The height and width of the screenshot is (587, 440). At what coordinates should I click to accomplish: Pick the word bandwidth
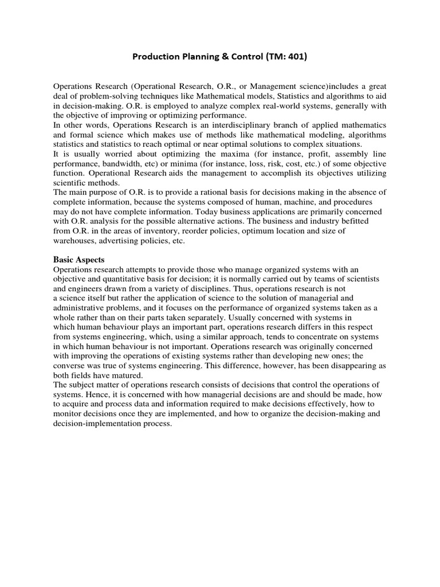[x=125, y=164]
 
